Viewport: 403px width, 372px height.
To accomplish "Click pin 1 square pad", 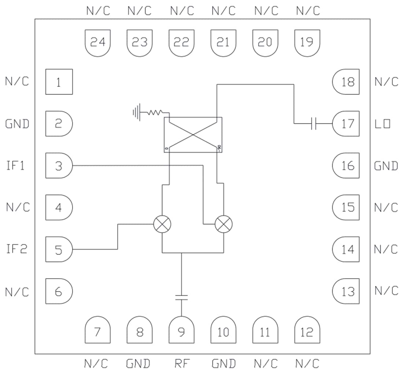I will pos(59,82).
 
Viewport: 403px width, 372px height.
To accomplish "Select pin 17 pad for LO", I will pos(346,124).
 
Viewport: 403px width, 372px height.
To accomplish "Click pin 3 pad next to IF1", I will pos(59,166).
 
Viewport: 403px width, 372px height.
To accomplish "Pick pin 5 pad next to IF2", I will pos(59,249).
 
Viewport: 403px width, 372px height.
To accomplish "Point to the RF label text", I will pos(181,364).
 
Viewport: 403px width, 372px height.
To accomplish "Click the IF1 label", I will pos(15,166).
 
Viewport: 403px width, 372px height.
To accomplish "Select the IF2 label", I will pos(16,250).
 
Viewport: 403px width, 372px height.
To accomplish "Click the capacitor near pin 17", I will pos(313,124).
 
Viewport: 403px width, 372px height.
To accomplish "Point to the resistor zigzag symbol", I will pos(154,113).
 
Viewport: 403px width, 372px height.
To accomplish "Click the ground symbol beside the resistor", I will pos(137,111).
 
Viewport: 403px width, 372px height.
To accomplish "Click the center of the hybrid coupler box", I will pos(193,135).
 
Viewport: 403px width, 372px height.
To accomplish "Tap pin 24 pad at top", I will pos(98,43).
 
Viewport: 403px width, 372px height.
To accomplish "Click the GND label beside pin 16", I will pos(386,166).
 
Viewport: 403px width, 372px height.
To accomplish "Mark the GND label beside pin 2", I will pos(17,124).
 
